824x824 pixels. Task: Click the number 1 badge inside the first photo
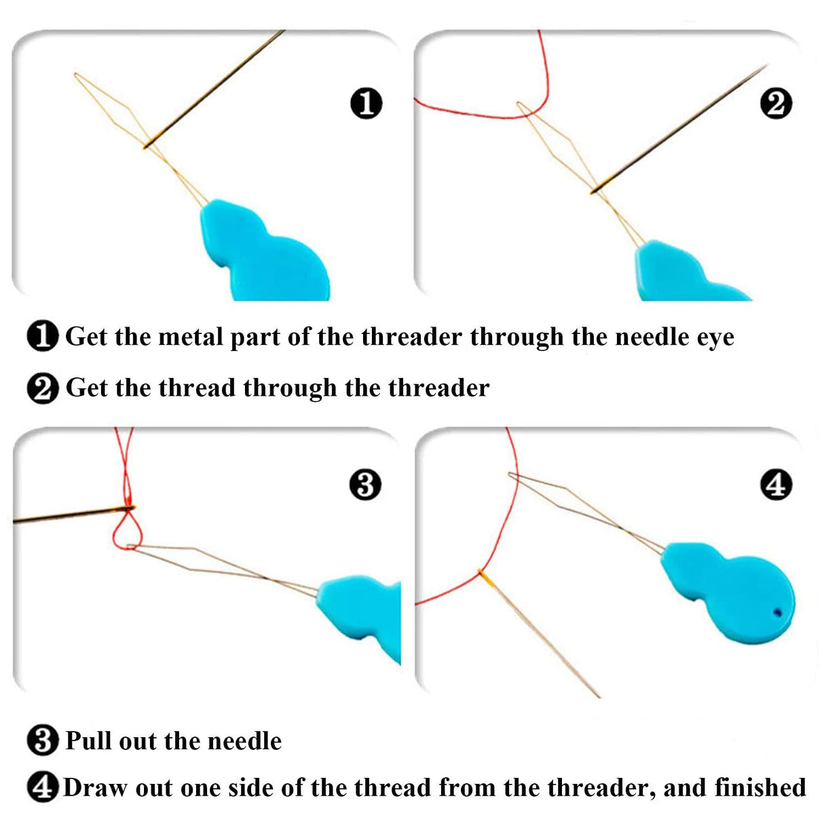pos(367,103)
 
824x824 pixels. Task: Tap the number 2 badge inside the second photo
pos(776,104)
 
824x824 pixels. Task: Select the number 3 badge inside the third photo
pos(365,485)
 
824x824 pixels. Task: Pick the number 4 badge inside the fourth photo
pos(776,485)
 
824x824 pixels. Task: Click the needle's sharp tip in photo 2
pos(765,66)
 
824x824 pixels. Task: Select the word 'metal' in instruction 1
pos(191,337)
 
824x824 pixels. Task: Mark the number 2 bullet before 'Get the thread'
pos(43,389)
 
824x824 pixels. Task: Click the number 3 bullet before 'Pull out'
pos(43,741)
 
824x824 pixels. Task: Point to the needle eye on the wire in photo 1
pos(147,143)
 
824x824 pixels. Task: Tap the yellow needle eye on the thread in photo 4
pos(484,576)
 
